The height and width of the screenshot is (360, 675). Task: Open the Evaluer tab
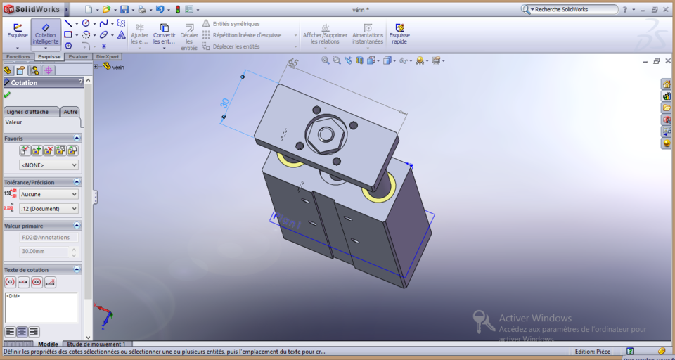78,56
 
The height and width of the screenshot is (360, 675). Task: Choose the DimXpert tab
108,56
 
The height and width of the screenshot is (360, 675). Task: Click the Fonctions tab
18,56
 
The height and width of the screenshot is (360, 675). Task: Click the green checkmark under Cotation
7,95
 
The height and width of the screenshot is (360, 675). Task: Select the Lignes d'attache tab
27,112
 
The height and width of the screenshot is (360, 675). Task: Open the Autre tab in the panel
70,112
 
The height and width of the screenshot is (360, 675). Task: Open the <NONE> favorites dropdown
49,165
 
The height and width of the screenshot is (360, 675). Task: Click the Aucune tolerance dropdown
49,194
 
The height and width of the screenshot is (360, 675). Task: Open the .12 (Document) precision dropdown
49,209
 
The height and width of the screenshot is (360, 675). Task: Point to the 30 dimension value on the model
226,103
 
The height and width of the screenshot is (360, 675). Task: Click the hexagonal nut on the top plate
326,134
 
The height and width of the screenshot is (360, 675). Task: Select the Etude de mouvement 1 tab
95,345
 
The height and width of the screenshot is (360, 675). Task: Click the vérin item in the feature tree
118,67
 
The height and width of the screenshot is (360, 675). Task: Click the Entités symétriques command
236,24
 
